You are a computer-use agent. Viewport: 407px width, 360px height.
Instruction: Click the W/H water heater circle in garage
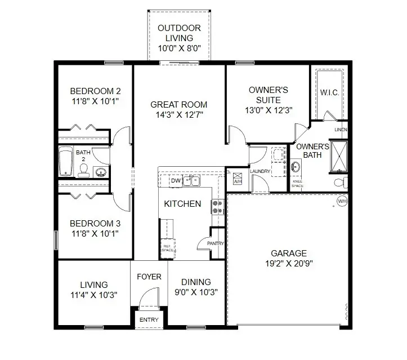click(x=342, y=201)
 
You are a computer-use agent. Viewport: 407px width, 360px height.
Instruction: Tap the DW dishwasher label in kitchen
click(x=175, y=181)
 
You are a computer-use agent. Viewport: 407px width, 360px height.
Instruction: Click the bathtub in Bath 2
click(x=66, y=161)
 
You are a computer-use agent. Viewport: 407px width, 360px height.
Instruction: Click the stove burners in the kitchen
click(x=217, y=207)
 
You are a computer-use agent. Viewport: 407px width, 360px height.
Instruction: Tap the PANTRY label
click(x=215, y=243)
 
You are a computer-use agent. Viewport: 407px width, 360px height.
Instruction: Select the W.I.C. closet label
click(x=329, y=92)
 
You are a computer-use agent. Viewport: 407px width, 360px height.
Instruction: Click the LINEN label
click(x=341, y=130)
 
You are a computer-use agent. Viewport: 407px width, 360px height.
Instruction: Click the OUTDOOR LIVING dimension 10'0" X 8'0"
click(x=180, y=48)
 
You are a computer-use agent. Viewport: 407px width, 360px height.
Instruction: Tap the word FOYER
click(x=149, y=277)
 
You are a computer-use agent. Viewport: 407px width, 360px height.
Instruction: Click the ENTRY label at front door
click(x=149, y=320)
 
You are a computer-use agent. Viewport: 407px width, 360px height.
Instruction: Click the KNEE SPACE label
click(x=297, y=183)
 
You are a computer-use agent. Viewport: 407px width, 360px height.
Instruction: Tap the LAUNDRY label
click(x=260, y=171)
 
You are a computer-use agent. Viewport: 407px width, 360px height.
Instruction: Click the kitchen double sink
click(x=192, y=180)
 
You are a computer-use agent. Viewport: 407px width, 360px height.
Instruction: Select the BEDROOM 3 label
click(x=95, y=221)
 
